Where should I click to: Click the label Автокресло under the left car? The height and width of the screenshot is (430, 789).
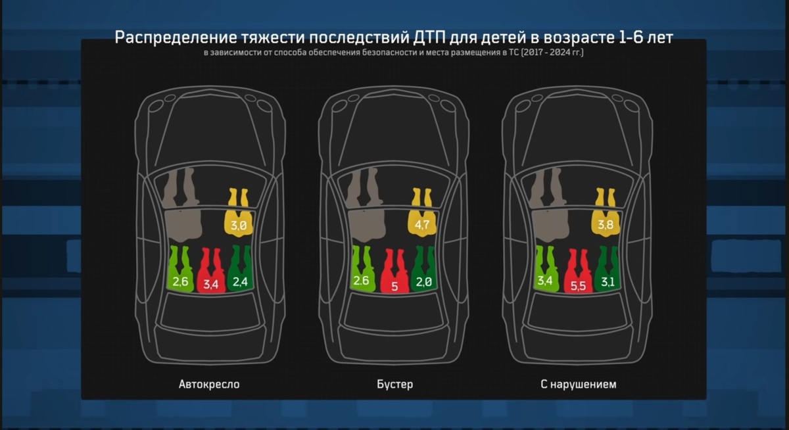209,384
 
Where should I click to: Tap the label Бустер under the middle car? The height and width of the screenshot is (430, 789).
396,384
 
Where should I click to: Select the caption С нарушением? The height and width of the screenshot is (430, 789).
579,384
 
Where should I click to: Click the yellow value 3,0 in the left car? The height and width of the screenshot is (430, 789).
238,226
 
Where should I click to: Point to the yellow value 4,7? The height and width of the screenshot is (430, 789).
422,226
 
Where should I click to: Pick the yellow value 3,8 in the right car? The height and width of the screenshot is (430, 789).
606,226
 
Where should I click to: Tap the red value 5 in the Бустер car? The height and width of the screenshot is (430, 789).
394,286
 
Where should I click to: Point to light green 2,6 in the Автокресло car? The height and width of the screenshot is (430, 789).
181,283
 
